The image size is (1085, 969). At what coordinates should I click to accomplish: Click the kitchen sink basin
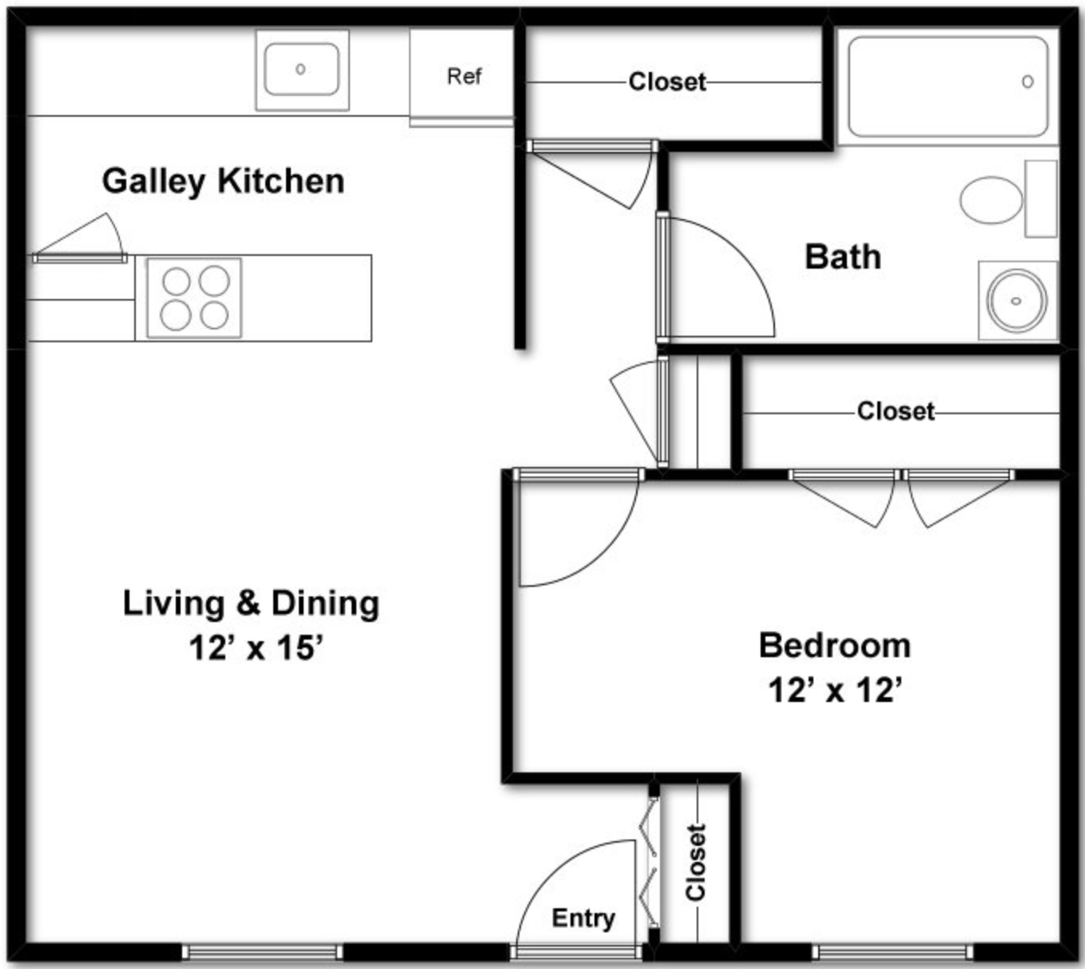point(302,70)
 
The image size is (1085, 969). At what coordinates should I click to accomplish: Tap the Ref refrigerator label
point(464,77)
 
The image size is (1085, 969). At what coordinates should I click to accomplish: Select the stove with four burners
point(194,298)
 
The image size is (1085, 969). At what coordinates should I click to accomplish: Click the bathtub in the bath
point(948,87)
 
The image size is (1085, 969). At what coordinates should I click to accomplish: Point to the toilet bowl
point(992,200)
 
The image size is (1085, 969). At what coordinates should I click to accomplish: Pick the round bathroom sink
point(1016,301)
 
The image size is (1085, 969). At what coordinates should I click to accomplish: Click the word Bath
point(843,257)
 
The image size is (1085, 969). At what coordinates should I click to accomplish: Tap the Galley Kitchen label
point(224,181)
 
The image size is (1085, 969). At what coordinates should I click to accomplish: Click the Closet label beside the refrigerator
point(667,82)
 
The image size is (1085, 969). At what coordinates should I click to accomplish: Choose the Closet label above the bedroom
point(896,411)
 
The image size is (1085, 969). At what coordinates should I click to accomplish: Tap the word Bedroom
point(835,645)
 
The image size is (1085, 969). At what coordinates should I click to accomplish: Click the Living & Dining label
point(251,604)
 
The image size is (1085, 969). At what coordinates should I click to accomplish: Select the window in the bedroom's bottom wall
point(892,952)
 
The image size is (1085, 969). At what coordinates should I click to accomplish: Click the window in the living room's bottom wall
point(262,952)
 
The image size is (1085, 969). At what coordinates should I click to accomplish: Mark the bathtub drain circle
point(1027,82)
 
